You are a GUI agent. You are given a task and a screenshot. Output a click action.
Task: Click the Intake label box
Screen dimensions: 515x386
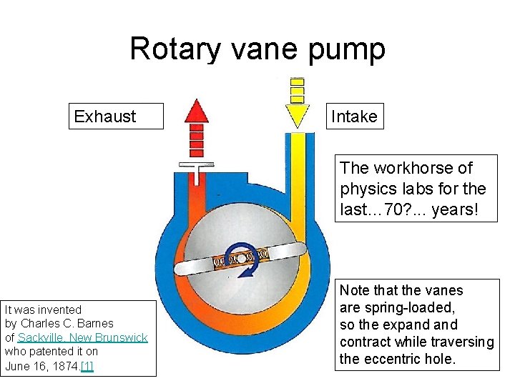coord(353,117)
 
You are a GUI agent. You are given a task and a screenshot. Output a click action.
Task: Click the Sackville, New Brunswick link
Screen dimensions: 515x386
coord(82,337)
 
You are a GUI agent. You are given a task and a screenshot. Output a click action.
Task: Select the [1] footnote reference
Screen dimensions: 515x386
coord(87,366)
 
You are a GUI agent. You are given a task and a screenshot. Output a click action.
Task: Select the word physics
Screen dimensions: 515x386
coord(366,189)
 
